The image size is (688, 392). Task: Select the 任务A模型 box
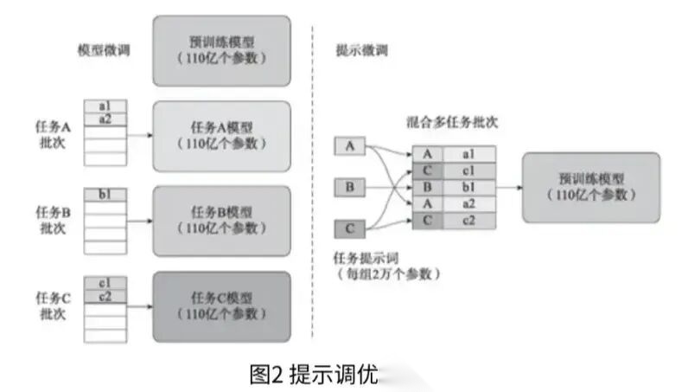tap(220, 135)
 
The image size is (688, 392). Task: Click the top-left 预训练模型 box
tap(220, 49)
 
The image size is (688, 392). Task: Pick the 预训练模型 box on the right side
tap(590, 188)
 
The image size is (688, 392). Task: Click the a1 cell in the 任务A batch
tap(105, 106)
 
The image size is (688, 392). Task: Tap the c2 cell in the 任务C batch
tap(105, 297)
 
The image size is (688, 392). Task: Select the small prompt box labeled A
tap(349, 146)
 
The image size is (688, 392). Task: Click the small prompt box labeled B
tap(349, 187)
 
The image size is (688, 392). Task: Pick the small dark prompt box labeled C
tap(349, 228)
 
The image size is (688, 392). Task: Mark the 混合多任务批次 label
tap(452, 123)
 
